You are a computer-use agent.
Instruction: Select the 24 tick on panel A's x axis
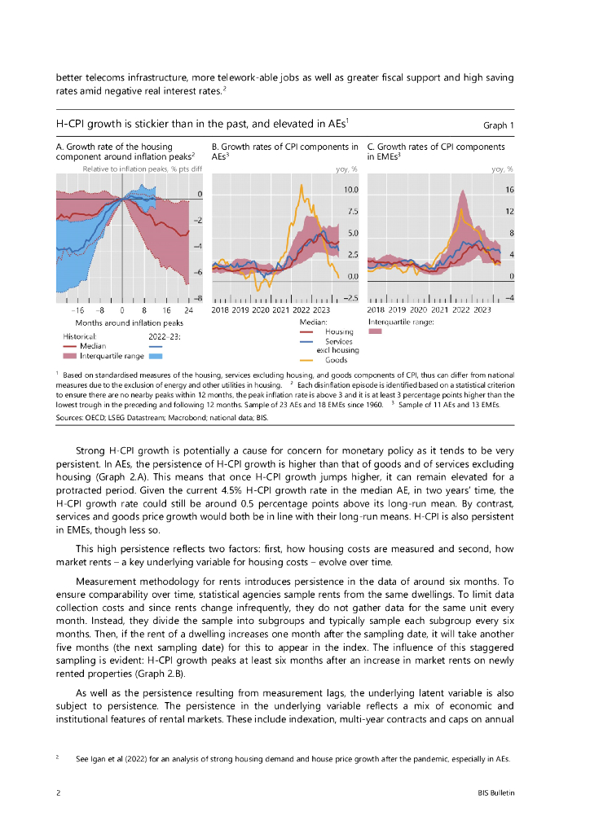[189, 309]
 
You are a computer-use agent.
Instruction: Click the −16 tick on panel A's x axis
[77, 309]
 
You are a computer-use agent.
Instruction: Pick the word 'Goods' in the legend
[336, 359]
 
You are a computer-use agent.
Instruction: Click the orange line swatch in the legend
[307, 359]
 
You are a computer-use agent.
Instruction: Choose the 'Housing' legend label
[338, 331]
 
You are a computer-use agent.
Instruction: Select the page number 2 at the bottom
[58, 792]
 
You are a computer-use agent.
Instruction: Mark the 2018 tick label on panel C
[377, 309]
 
